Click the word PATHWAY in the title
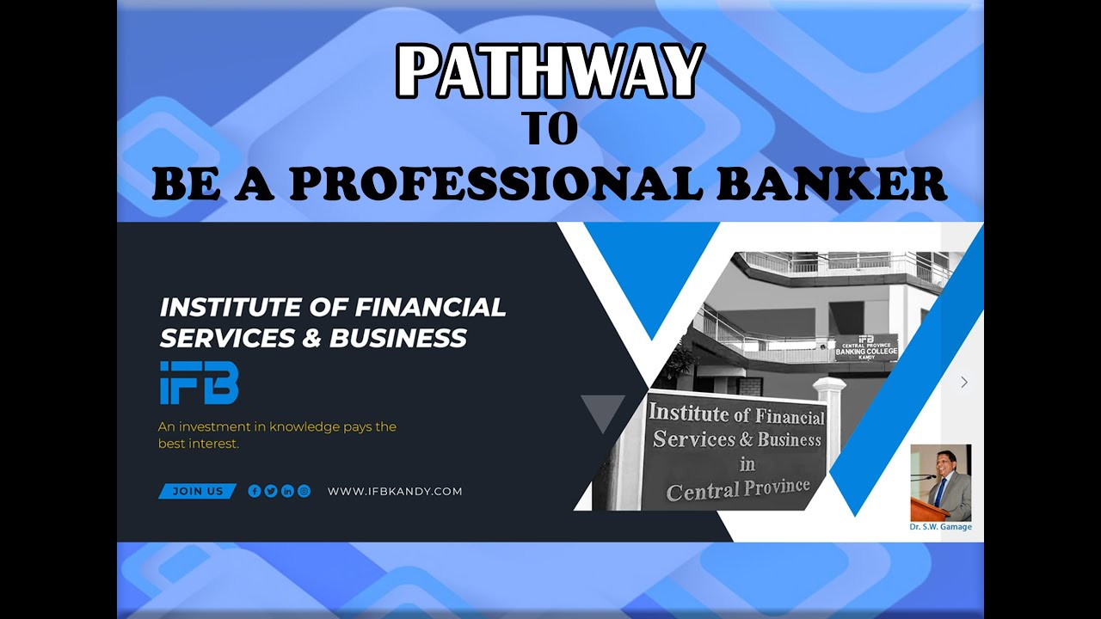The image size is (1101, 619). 550,71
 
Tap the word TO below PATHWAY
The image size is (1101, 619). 550,129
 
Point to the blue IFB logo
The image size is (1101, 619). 199,383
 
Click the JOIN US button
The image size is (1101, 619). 197,492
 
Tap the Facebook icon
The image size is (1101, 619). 255,492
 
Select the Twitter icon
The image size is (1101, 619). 271,492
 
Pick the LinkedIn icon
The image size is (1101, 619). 287,492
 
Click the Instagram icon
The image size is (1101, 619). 304,492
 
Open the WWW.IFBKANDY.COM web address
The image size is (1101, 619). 395,492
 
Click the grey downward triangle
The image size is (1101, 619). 603,411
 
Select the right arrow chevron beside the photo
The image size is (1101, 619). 964,382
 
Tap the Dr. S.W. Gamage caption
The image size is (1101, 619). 941,527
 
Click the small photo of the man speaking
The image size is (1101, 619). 941,482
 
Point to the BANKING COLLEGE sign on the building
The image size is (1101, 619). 865,352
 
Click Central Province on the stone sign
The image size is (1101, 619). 738,490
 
